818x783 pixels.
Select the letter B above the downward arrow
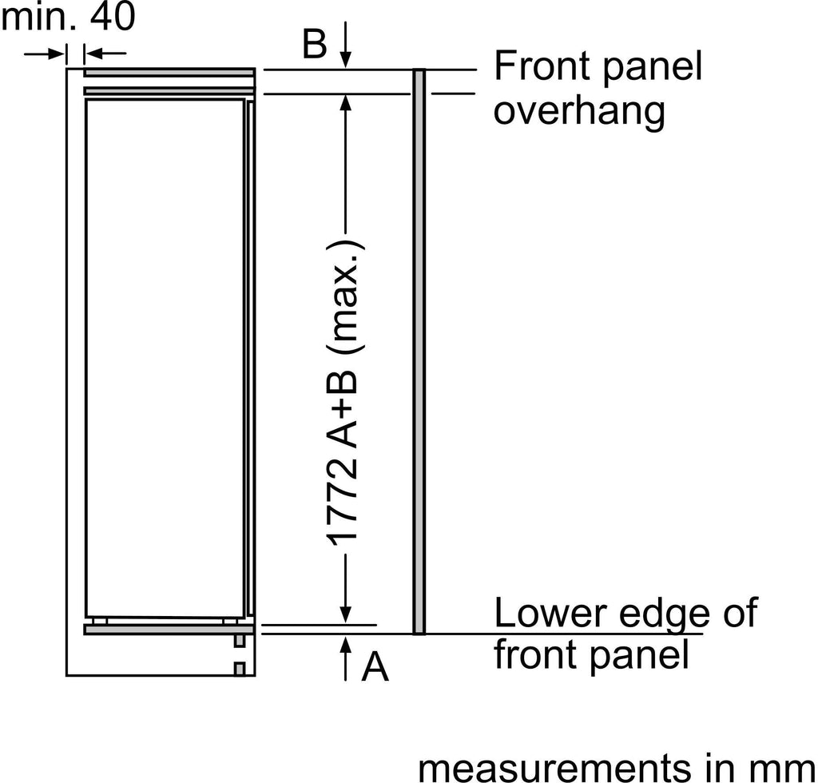click(x=315, y=46)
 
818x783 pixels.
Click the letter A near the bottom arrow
click(x=375, y=668)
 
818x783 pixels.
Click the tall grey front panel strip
click(x=419, y=352)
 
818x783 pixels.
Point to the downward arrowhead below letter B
click(x=345, y=61)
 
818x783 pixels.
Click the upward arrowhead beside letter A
click(x=345, y=644)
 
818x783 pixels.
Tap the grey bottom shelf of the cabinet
click(x=169, y=629)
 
